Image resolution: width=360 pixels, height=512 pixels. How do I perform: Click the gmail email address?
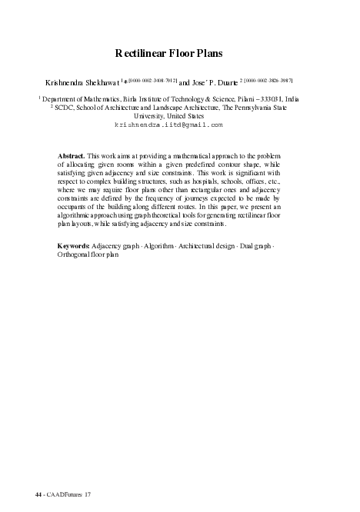(168, 124)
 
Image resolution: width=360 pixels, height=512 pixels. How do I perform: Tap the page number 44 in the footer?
(38, 493)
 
